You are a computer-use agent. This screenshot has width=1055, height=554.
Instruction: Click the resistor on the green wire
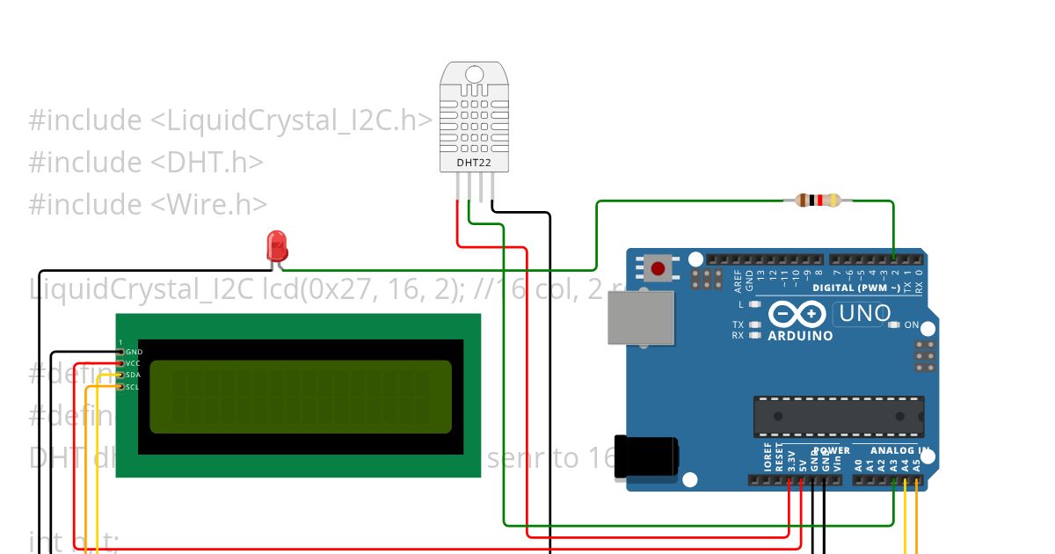(x=818, y=200)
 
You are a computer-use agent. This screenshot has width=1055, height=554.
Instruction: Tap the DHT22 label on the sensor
(x=474, y=163)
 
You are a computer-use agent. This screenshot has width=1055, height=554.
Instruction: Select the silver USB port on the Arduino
(x=641, y=317)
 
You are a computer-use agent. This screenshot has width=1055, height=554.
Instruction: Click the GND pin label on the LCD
(x=135, y=352)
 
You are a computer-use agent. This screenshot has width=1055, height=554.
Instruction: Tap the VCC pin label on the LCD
(x=134, y=363)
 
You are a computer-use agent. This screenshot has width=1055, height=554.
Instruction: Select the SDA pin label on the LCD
(x=134, y=375)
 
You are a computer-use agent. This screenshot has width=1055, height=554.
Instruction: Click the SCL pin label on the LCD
(x=133, y=387)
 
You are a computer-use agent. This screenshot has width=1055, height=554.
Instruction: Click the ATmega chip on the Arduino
(x=838, y=416)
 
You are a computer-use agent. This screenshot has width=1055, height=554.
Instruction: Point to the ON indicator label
(x=912, y=325)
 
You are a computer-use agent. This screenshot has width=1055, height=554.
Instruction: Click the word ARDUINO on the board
(x=800, y=335)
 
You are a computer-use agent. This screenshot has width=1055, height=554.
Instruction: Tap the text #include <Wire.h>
(x=148, y=204)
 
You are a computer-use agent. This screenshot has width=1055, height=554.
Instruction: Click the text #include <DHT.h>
(x=146, y=163)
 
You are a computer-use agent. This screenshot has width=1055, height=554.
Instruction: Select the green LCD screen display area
(x=300, y=397)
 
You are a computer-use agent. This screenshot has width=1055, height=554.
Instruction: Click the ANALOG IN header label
(x=899, y=451)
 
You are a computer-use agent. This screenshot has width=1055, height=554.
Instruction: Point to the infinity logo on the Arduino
(x=797, y=313)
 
